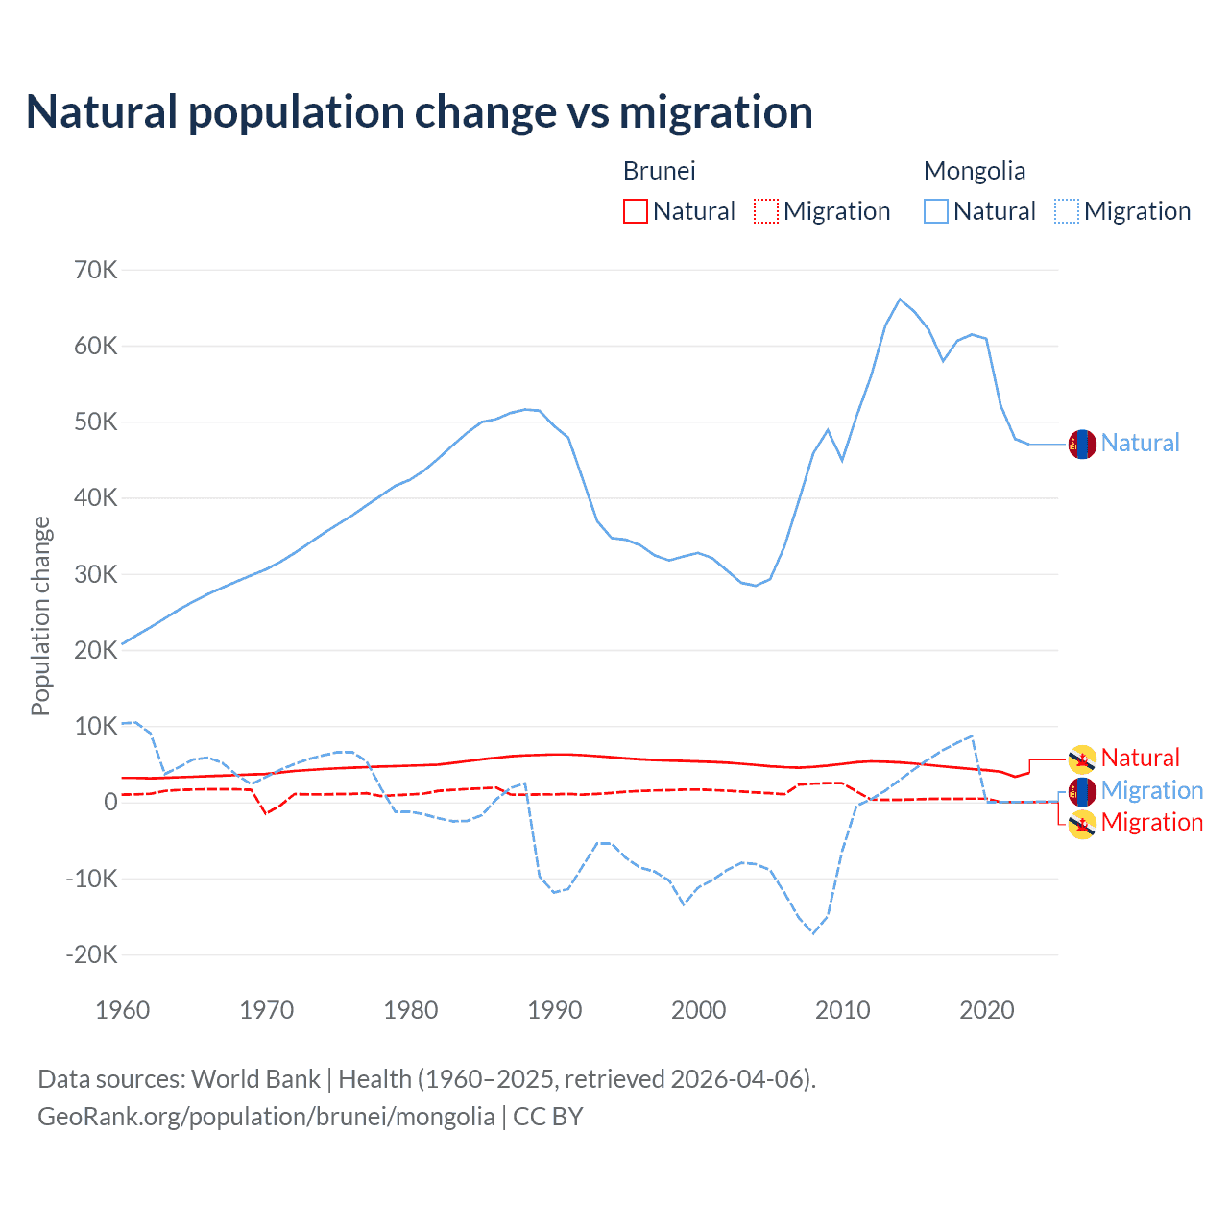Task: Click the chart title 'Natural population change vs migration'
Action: coord(419,112)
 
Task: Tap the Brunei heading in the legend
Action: coord(659,171)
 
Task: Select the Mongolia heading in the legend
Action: coord(974,171)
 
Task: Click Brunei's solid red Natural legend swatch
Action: coord(635,211)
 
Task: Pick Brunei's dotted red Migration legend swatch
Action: coord(765,211)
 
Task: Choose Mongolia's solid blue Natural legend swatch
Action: coord(935,211)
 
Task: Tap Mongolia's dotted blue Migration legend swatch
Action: coord(1066,211)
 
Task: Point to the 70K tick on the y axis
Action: coord(96,271)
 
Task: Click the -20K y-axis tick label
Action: coord(91,954)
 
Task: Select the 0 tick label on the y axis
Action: coord(110,803)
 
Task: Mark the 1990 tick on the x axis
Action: coord(555,1010)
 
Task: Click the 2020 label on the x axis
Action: coord(987,1010)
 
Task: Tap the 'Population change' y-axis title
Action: coord(40,615)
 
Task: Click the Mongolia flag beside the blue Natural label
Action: coord(1082,445)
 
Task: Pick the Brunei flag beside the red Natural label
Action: coord(1082,759)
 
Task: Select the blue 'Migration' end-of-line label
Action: coord(1151,790)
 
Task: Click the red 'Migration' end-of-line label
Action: coord(1151,822)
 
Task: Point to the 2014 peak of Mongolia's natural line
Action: coord(900,300)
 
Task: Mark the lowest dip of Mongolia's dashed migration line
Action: coord(813,933)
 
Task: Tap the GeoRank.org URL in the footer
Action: coord(266,1117)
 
